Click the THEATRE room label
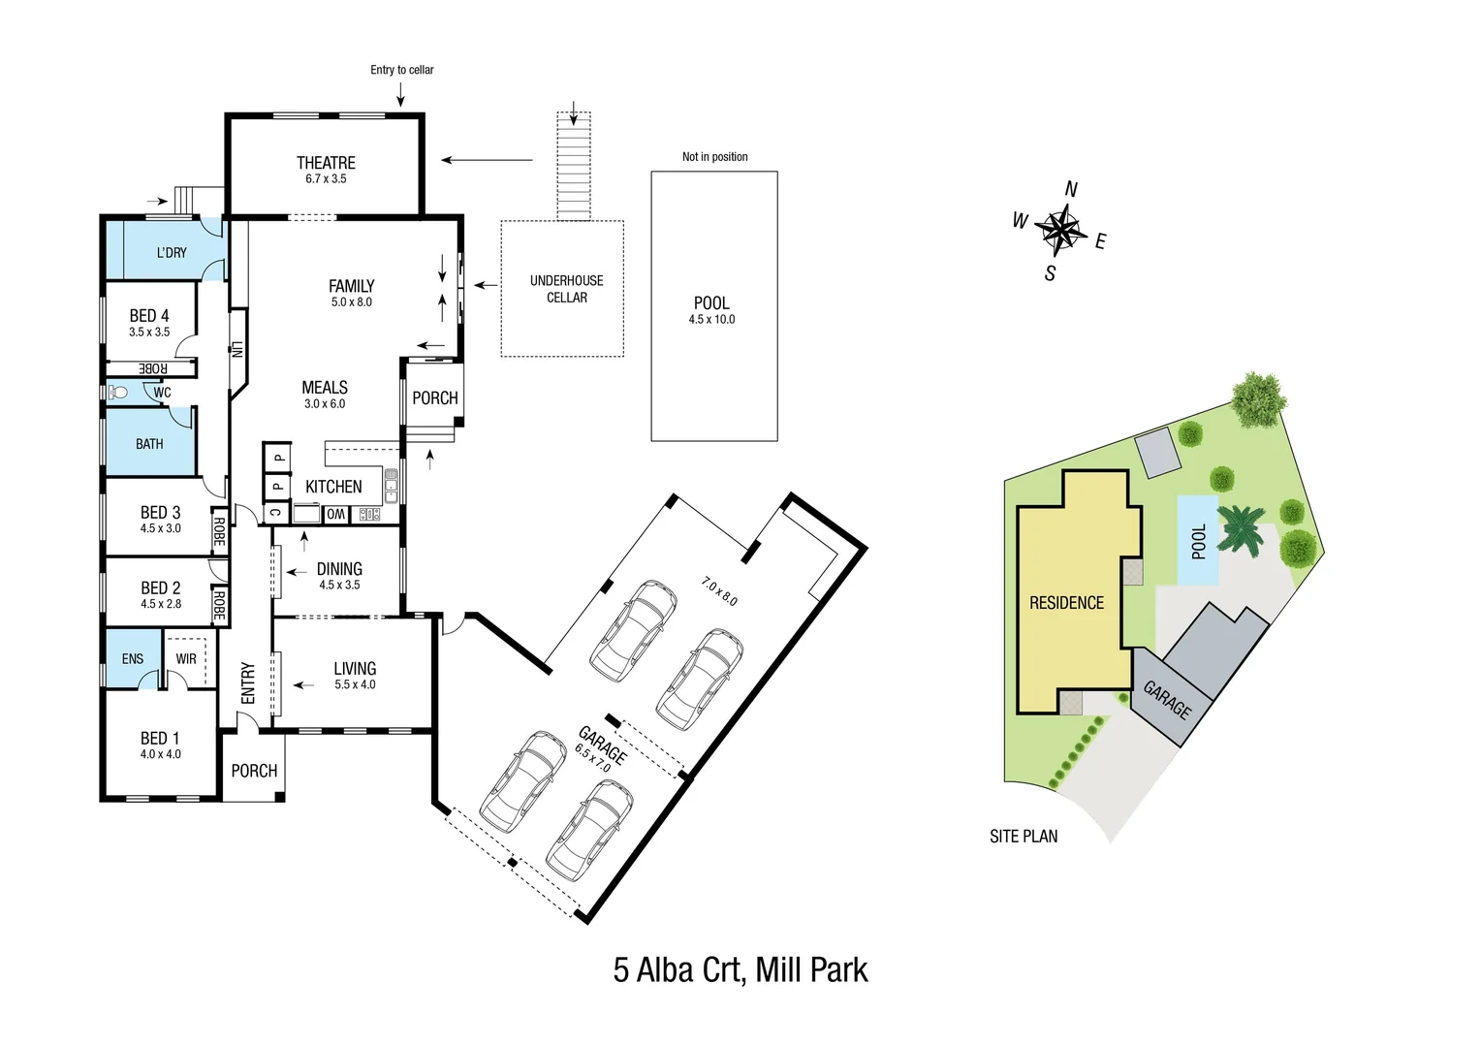coord(326,163)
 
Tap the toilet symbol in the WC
coord(117,392)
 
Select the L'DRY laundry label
coord(172,252)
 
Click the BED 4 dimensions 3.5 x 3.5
coord(149,333)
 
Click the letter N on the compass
coord(1071,189)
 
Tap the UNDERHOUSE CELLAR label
coord(566,289)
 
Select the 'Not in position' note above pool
coord(714,157)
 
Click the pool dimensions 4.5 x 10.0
coord(711,320)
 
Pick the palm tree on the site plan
coord(1242,528)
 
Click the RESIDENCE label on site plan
coord(1066,603)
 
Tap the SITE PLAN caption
coord(1024,837)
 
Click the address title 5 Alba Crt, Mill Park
coord(740,969)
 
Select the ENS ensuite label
coord(133,659)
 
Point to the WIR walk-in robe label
coord(186,659)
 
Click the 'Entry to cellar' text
coord(401,70)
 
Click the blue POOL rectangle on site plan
coord(1198,541)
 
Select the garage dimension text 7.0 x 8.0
coord(719,591)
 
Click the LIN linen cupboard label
coord(236,349)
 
